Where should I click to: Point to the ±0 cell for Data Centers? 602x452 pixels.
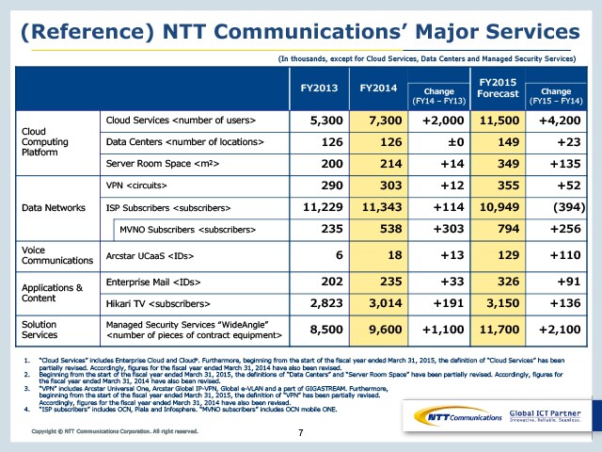(448, 142)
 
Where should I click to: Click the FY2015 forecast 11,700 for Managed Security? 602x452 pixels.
(501, 331)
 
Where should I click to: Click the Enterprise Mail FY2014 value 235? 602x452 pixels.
(386, 280)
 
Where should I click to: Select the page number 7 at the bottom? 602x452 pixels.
(300, 432)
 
